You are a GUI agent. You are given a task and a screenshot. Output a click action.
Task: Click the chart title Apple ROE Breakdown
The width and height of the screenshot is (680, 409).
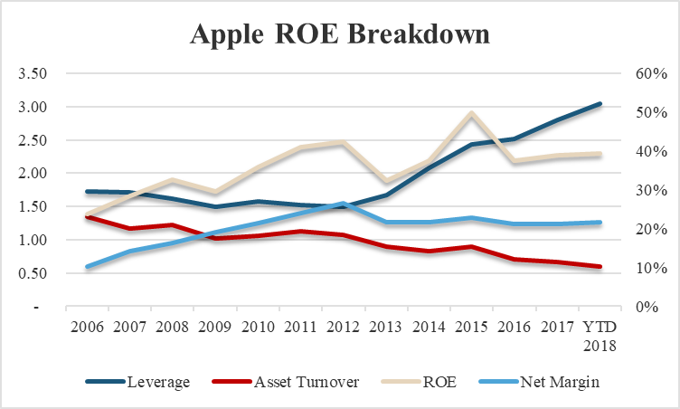[x=339, y=33]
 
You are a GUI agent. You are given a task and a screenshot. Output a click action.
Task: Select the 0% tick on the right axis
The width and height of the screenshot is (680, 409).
[x=647, y=307]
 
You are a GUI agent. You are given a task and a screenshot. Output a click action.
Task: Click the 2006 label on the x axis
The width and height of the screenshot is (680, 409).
[x=88, y=325]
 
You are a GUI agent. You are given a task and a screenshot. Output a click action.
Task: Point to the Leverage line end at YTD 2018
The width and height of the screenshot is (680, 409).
[x=600, y=104]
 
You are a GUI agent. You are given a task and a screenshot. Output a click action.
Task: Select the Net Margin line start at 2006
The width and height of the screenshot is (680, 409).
[x=88, y=267]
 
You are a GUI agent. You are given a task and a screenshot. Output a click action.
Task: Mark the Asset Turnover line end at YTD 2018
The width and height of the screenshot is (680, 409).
[x=600, y=267]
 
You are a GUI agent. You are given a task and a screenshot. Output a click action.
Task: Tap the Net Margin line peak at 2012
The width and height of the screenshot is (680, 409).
[x=344, y=204]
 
